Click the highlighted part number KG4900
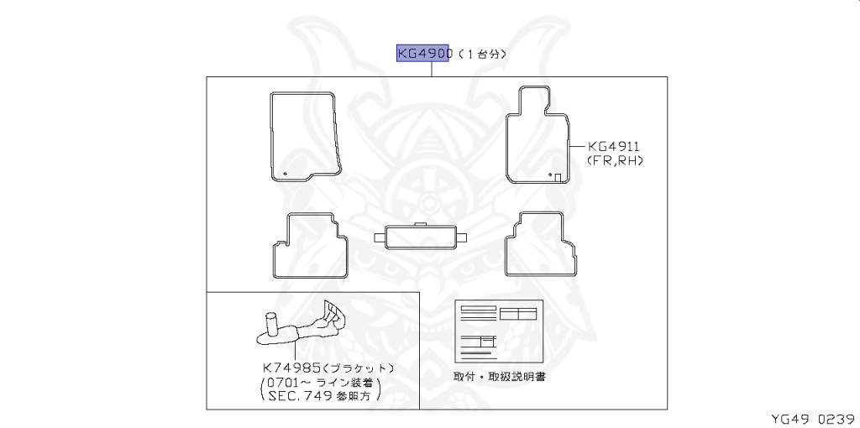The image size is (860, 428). (425, 53)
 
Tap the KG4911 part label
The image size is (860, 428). (614, 145)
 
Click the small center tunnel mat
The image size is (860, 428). (421, 236)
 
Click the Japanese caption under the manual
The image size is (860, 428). (499, 377)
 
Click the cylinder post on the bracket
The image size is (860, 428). (271, 324)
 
